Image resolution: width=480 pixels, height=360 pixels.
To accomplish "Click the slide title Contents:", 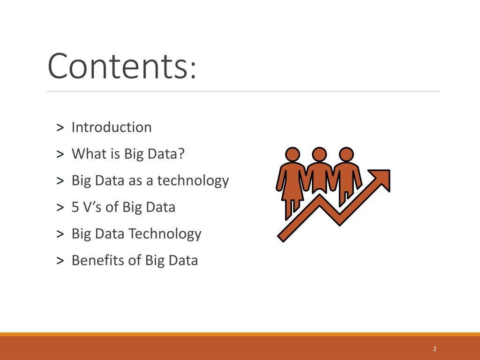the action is [x=121, y=66].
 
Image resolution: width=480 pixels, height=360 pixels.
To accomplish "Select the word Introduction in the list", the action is [x=112, y=127].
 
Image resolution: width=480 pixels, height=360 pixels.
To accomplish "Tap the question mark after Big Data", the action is [x=181, y=153].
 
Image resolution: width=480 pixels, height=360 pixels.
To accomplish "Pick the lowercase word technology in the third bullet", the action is [x=193, y=180].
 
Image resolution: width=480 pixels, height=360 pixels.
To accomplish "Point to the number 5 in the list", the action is [x=75, y=207].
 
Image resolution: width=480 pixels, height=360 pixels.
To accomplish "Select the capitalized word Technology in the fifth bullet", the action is [x=165, y=234].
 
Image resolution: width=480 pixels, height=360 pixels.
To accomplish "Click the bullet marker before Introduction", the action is [x=60, y=127].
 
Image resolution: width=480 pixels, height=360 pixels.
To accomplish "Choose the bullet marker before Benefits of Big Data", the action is [x=60, y=261].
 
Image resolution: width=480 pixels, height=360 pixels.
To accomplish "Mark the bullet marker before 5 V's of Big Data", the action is [x=60, y=207].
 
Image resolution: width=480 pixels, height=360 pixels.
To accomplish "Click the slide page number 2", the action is [x=435, y=349].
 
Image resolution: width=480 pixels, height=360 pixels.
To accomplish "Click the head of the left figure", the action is [x=292, y=154].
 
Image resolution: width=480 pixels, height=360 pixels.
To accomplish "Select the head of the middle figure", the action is [x=319, y=154].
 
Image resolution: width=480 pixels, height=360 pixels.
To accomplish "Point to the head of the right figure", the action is [x=346, y=154].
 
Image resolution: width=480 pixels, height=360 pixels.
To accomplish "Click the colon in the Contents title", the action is [x=193, y=70].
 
